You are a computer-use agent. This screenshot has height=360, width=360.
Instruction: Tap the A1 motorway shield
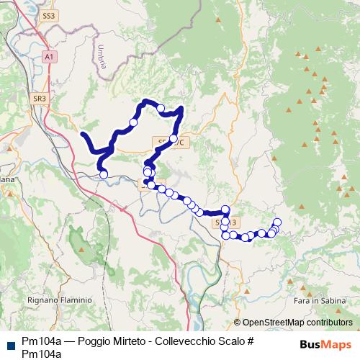click(x=49, y=55)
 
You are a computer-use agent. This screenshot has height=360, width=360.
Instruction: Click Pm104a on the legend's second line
click(x=42, y=354)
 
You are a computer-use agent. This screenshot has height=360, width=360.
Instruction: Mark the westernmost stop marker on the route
click(x=103, y=174)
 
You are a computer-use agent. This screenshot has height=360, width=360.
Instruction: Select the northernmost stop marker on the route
click(x=161, y=109)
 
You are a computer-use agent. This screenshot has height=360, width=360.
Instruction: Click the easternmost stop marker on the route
click(x=277, y=222)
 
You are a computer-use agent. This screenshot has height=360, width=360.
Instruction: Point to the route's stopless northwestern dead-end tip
click(x=83, y=134)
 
